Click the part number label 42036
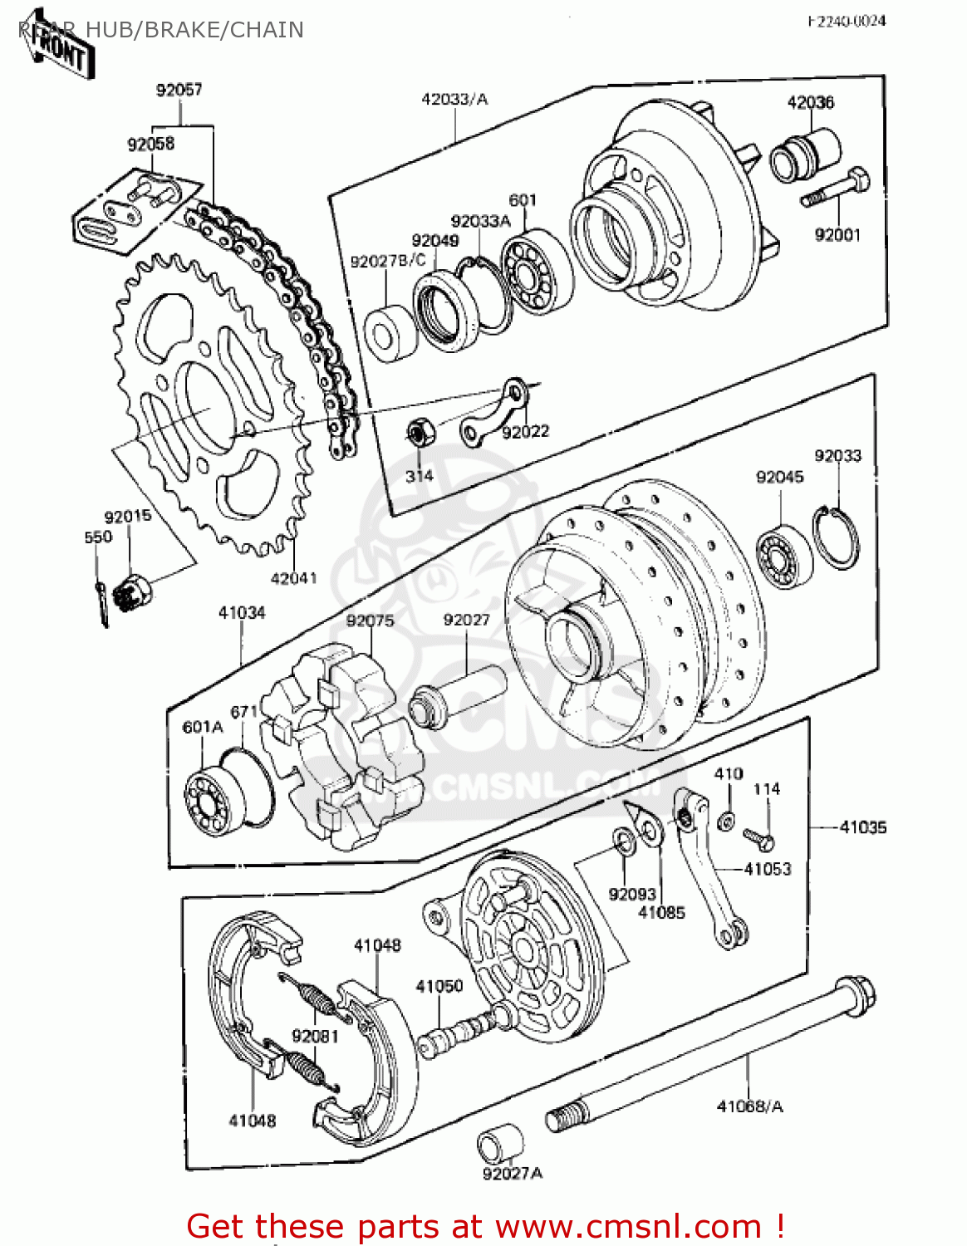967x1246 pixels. click(810, 102)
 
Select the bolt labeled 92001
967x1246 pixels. click(835, 189)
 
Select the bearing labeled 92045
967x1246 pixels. click(783, 555)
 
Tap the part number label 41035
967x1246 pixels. click(862, 827)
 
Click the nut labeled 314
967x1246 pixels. click(417, 434)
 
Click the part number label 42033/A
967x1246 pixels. click(454, 100)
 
